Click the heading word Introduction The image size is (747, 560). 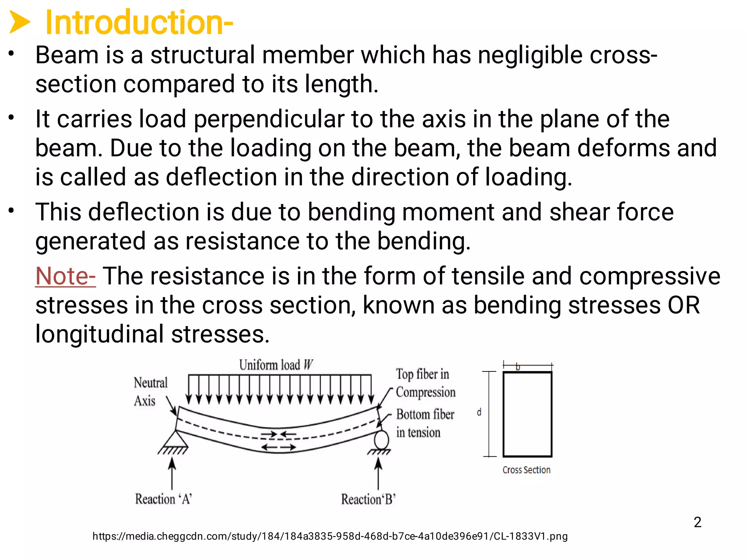[139, 23]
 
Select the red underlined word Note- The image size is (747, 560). [65, 276]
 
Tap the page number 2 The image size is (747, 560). [697, 522]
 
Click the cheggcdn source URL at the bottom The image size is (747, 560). [330, 536]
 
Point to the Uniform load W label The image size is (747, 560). [276, 365]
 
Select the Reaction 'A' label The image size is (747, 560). [163, 499]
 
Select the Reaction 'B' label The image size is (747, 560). [368, 499]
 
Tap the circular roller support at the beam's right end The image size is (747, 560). [381, 440]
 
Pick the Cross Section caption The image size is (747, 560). [526, 470]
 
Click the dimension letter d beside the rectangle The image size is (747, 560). [479, 412]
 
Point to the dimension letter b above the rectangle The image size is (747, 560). [518, 367]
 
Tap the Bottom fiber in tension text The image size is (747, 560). [425, 423]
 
